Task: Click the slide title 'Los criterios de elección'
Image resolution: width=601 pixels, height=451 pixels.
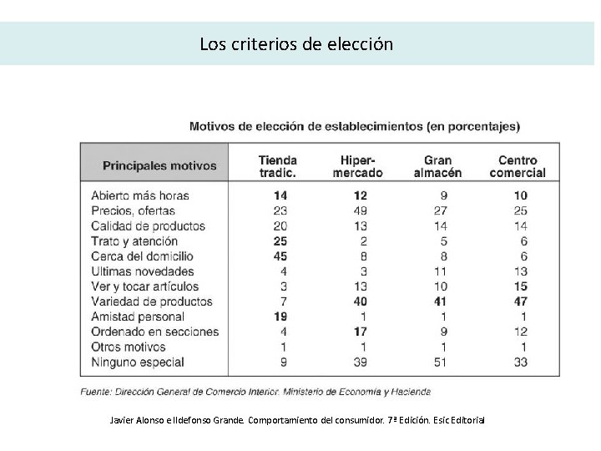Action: [x=296, y=43]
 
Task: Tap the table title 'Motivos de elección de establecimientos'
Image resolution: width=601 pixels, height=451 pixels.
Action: [x=355, y=127]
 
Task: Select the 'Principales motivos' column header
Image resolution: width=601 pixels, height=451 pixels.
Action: [x=159, y=165]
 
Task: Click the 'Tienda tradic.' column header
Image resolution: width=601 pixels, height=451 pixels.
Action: [x=277, y=166]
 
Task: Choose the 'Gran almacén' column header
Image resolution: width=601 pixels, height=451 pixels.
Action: [x=438, y=166]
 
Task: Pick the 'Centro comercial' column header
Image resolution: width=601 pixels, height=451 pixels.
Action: [x=518, y=166]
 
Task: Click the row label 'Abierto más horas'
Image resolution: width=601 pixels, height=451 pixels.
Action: [x=140, y=195]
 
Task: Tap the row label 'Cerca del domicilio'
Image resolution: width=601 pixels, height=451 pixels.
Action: [x=142, y=256]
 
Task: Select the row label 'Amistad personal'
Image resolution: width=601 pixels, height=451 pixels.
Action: [x=138, y=317]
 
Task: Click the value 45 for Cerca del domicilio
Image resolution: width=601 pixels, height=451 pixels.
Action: [x=280, y=256]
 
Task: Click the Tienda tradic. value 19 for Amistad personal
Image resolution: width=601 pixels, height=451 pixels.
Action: [x=280, y=317]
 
